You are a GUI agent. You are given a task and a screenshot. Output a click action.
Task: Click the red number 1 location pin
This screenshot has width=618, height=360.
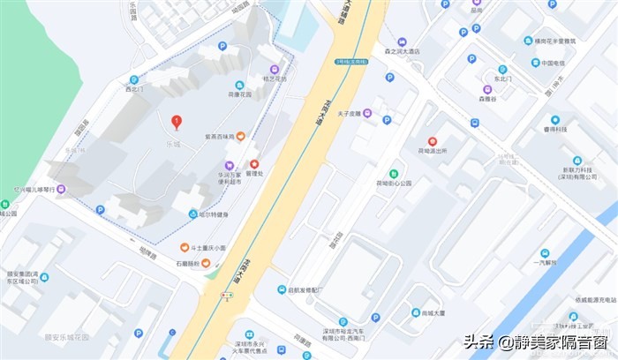coord(176,122)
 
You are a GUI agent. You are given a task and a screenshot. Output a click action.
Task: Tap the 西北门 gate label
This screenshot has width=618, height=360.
coord(133,89)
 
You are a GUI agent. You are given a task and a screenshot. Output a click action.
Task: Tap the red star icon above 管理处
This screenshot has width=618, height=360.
coord(254,164)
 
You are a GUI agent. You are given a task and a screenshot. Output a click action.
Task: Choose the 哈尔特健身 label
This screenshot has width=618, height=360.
coord(213,214)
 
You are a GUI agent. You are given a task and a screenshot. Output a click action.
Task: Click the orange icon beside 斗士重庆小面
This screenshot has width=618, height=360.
coord(185,248)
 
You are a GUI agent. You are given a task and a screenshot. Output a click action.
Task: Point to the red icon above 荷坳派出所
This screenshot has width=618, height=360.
coord(433,141)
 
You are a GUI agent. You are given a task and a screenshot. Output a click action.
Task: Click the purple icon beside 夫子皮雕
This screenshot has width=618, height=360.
coord(367,113)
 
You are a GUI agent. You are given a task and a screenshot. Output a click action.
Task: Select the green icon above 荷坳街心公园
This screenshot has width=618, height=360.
coord(395,174)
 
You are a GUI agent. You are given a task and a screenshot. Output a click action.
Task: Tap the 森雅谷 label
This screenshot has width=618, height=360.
coord(488,100)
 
